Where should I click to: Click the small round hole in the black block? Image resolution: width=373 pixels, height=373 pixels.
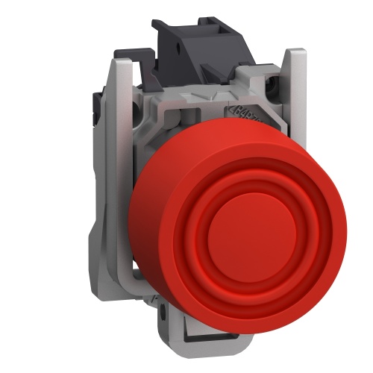click(x=182, y=46)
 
